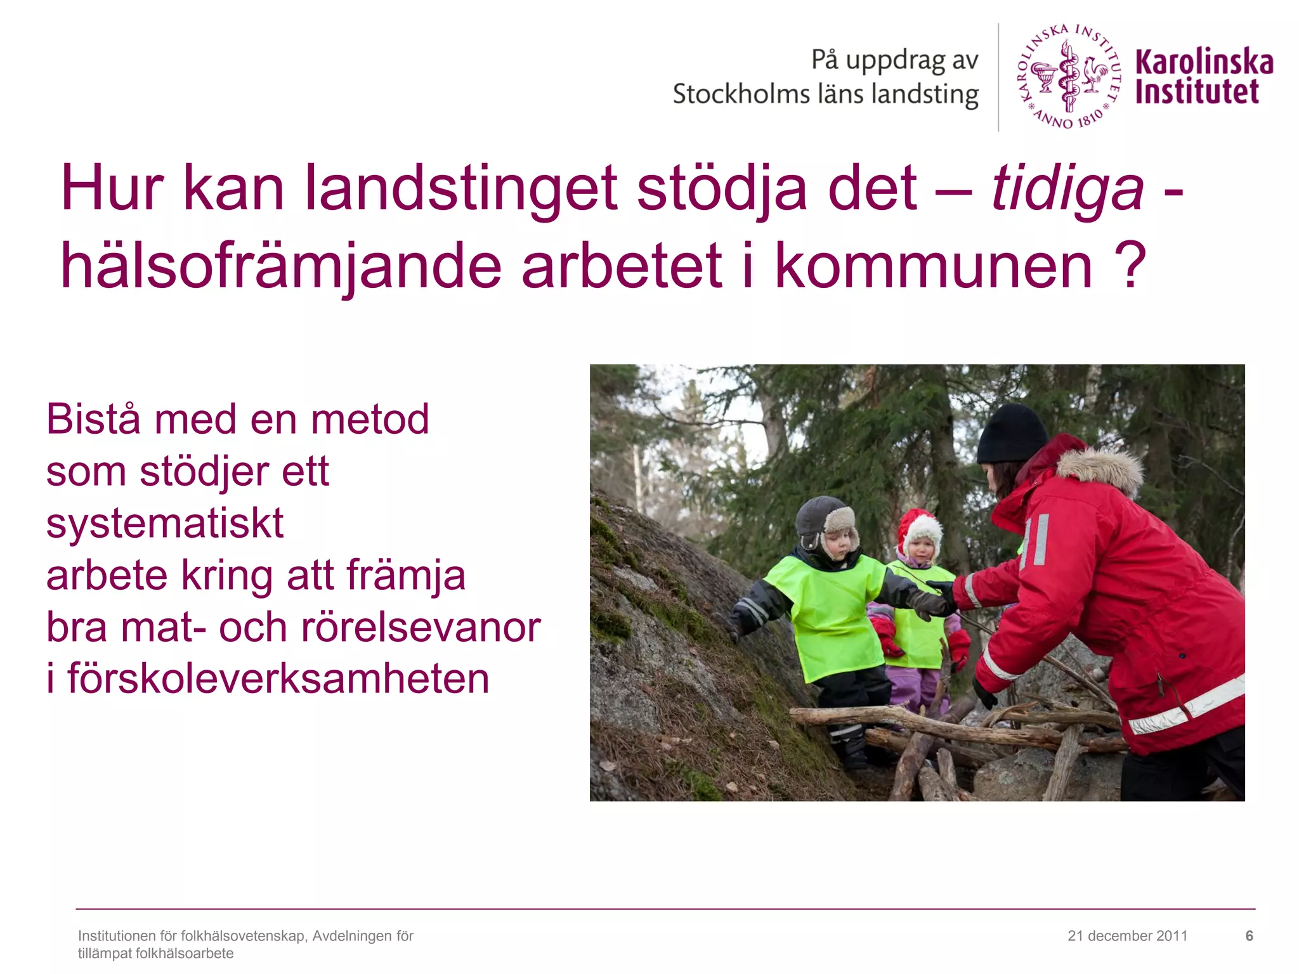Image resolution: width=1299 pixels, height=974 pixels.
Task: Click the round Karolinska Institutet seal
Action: tap(1069, 76)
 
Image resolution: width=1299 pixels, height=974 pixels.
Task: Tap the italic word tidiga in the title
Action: tap(1067, 189)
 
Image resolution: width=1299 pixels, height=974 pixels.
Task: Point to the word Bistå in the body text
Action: tap(93, 420)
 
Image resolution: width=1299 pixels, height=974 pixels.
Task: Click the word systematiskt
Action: tap(165, 524)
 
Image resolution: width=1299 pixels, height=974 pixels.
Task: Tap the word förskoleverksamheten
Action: tap(278, 679)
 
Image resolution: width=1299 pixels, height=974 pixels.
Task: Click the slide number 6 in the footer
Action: tap(1249, 936)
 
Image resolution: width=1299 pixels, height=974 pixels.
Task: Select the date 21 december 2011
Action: tap(1127, 936)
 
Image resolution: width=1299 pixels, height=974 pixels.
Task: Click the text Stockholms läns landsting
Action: tap(825, 94)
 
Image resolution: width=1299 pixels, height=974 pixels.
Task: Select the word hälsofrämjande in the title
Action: tap(281, 266)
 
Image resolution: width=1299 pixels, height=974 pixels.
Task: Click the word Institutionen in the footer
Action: tap(127, 936)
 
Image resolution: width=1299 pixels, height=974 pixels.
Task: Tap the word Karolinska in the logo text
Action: tap(1204, 62)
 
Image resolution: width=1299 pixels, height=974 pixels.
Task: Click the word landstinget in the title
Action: tap(461, 189)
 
